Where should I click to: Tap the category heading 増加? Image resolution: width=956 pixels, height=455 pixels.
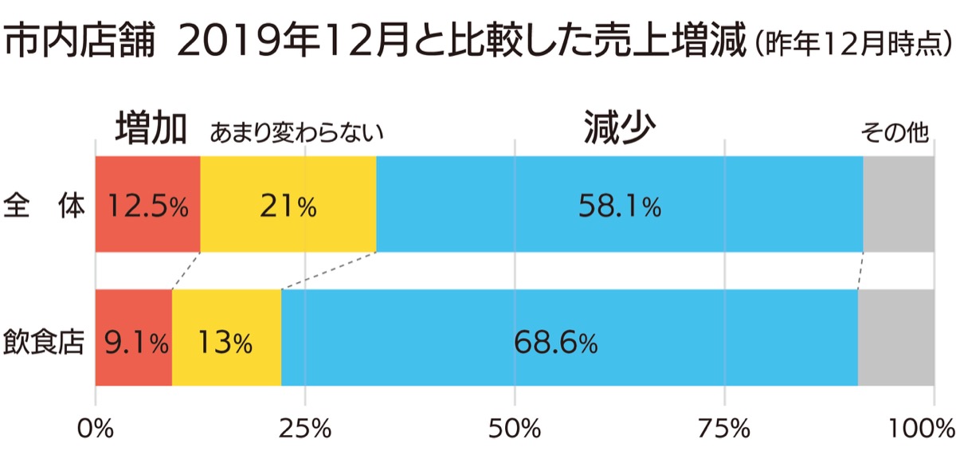[151, 128]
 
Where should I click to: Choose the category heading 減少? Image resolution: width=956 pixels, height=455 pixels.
[618, 128]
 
